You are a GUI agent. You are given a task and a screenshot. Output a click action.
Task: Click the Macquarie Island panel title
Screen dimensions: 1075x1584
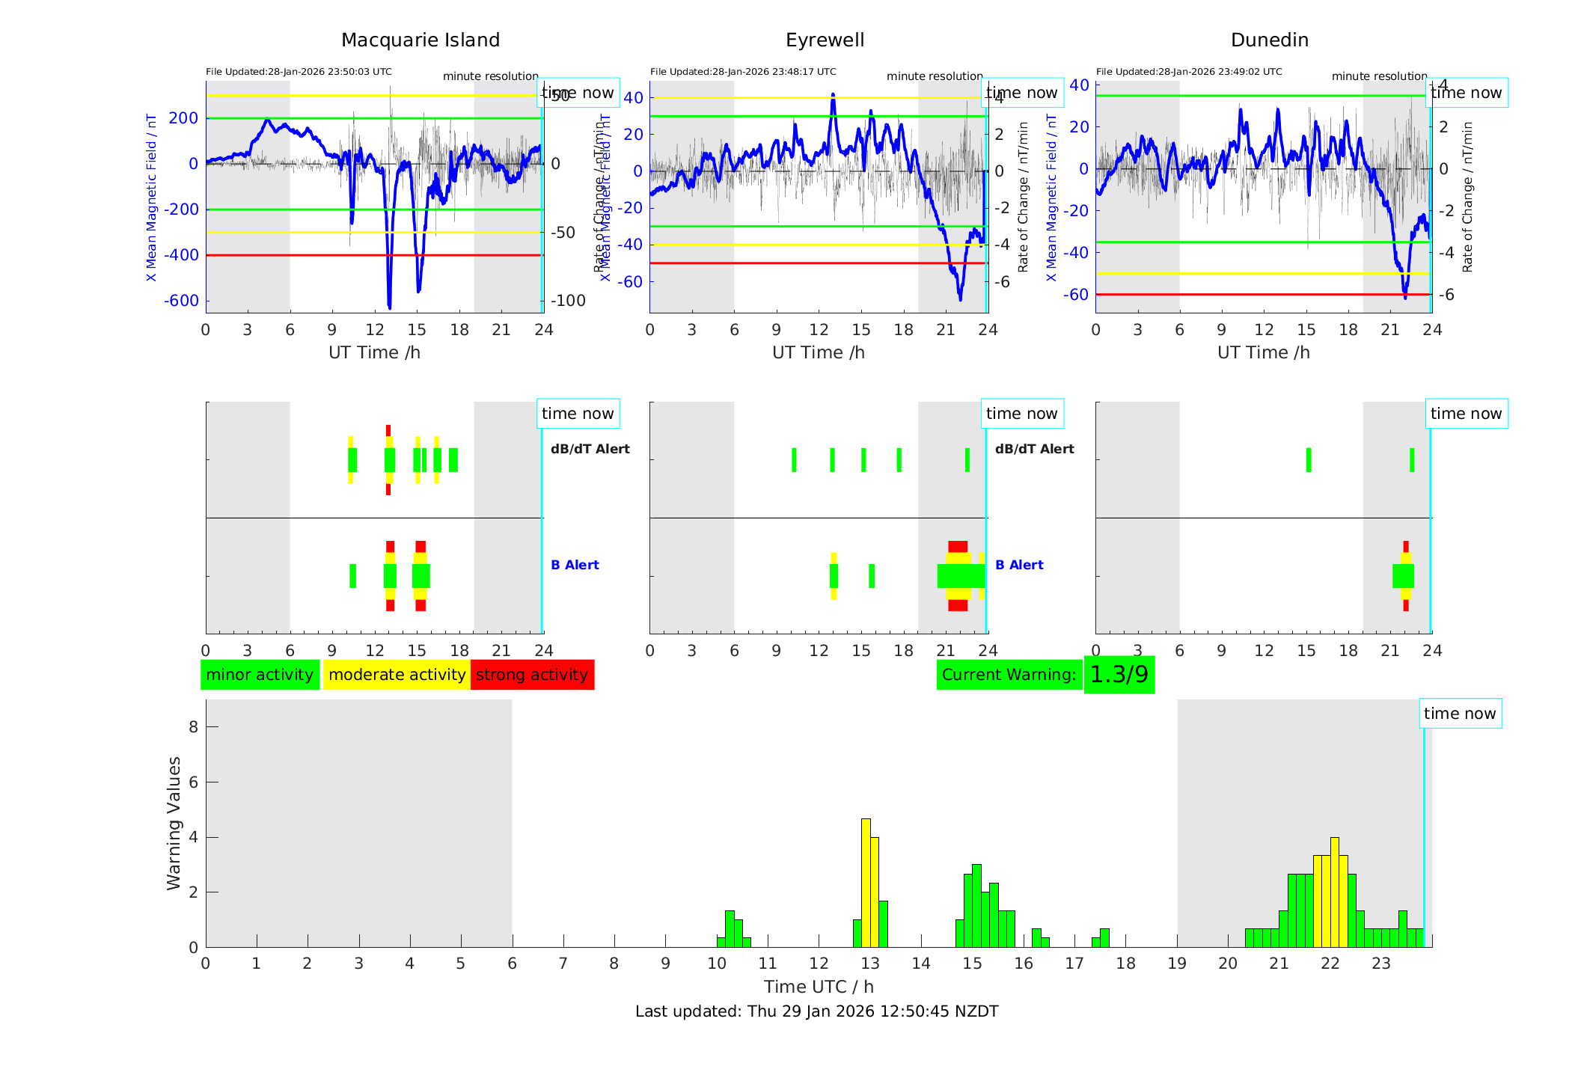point(420,40)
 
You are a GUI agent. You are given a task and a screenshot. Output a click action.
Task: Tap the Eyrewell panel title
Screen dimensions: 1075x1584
point(825,40)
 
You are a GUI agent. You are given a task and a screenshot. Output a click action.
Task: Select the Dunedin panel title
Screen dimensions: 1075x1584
point(1269,40)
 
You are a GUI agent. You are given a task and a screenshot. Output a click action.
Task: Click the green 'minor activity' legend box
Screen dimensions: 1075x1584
point(260,675)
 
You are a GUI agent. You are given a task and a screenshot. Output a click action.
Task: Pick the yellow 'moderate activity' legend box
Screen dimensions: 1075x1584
point(397,675)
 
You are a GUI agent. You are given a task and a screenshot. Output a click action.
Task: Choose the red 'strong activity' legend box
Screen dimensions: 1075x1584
point(532,675)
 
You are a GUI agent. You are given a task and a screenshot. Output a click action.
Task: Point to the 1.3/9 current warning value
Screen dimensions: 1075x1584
point(1119,675)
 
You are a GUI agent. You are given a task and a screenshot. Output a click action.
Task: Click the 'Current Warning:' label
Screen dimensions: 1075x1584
point(1009,675)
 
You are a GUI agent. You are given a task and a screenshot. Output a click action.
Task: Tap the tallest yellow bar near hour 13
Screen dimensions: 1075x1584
point(866,883)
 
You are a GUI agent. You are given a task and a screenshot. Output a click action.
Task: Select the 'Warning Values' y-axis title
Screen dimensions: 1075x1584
point(174,823)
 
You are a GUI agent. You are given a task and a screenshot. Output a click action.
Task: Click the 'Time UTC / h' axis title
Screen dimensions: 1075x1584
point(819,987)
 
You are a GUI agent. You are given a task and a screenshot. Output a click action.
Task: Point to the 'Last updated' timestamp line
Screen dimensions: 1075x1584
point(816,1011)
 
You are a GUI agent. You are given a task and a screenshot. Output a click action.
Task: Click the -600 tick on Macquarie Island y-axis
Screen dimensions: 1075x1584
point(181,301)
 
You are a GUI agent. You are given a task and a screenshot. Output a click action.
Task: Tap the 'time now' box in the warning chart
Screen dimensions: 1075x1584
point(1459,714)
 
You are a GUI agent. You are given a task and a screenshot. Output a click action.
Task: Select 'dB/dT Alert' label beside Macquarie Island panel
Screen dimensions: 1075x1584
point(590,449)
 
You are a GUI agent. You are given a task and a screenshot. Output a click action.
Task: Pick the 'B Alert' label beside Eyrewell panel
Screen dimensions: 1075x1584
point(1019,565)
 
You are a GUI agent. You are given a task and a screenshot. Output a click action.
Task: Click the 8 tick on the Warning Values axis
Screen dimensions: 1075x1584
point(193,726)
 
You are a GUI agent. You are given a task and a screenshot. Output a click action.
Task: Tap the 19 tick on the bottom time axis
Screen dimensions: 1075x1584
point(1177,964)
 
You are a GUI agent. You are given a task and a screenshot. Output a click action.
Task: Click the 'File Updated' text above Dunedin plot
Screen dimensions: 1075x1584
point(1189,72)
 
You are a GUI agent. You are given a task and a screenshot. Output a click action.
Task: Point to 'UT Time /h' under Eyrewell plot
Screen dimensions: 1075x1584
point(819,352)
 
